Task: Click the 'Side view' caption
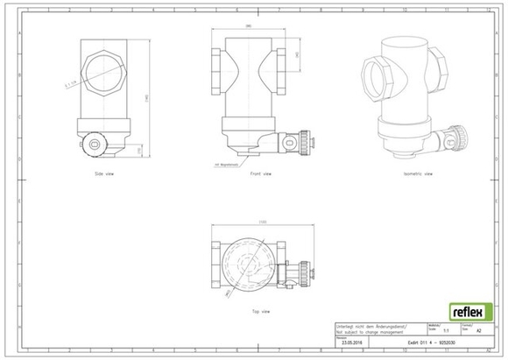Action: coord(104,174)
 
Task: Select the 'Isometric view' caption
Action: coord(417,174)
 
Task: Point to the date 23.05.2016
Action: coord(354,342)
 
